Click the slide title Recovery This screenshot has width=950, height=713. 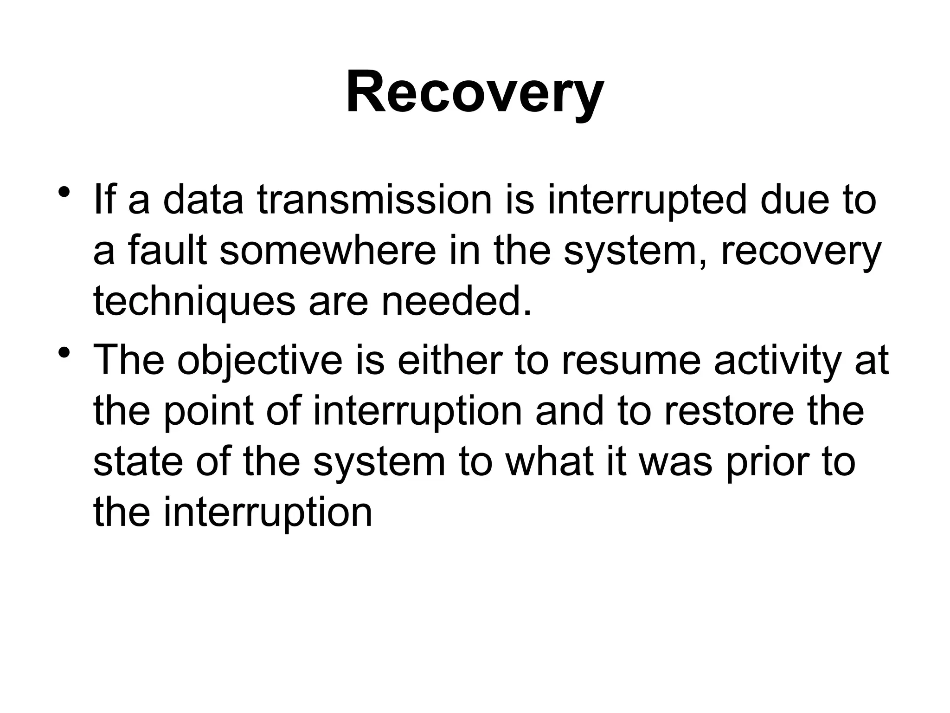coord(475,91)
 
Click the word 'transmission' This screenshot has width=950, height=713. coord(374,201)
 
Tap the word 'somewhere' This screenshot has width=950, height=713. coord(327,251)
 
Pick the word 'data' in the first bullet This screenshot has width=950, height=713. coord(203,201)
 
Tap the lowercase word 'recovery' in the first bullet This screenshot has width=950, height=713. coord(800,252)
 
